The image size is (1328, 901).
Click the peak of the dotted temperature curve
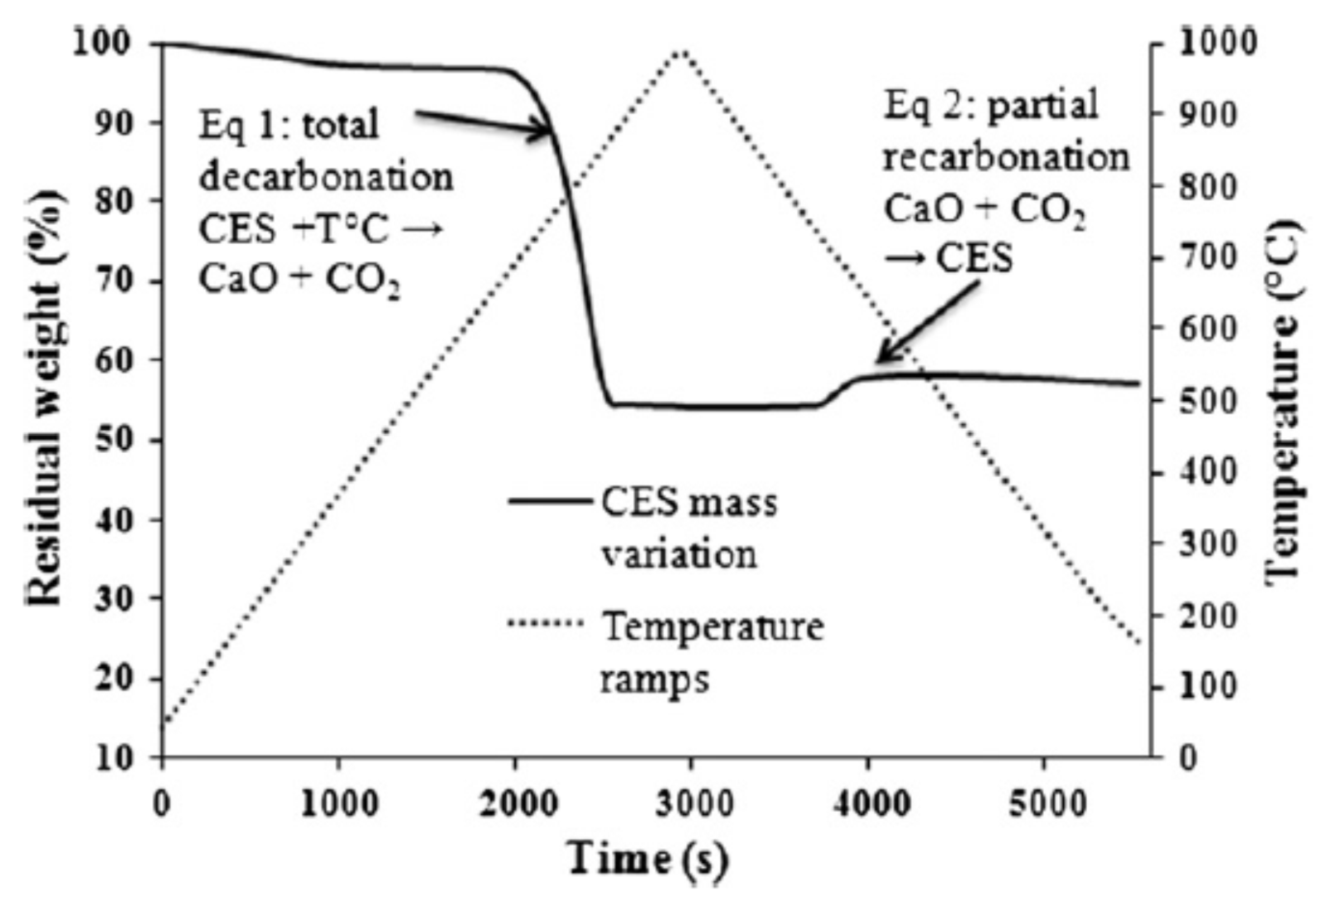680,52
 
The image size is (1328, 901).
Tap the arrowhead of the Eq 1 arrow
549,131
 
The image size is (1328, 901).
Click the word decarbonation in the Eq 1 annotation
326,177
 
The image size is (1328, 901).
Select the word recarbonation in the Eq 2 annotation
1007,158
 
